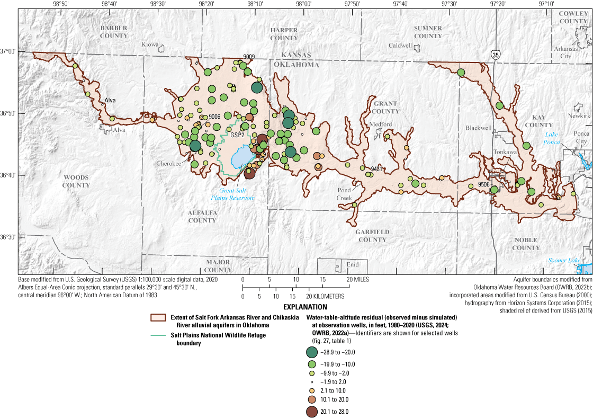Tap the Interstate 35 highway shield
tap(495, 54)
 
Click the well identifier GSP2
tap(237, 135)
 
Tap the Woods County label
tap(76, 181)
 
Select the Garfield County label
tap(372, 236)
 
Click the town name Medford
tap(380, 124)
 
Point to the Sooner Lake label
tap(563, 261)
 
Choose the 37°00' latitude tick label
tap(8, 51)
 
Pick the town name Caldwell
tap(400, 46)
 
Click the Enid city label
tap(352, 264)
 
